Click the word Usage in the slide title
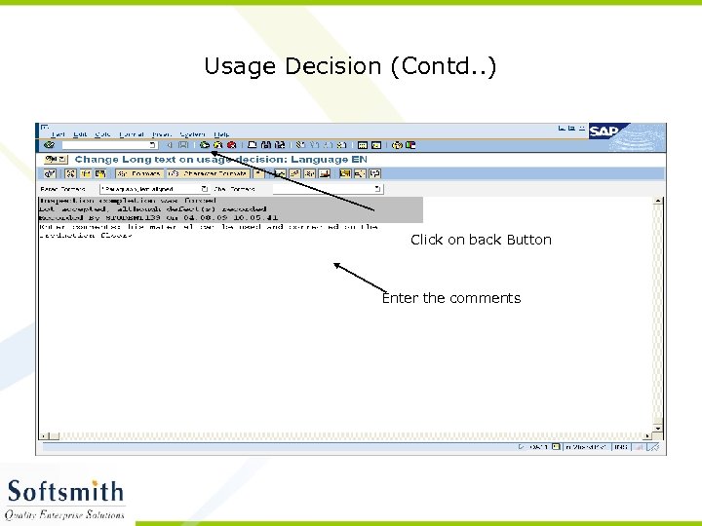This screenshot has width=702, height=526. point(240,66)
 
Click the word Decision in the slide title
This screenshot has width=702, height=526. point(333,66)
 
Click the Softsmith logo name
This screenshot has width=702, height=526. point(65,492)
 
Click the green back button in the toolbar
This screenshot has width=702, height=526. point(204,145)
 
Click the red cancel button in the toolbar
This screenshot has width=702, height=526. point(231,145)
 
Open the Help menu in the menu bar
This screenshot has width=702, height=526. point(221,133)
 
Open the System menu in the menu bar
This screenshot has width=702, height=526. point(192,133)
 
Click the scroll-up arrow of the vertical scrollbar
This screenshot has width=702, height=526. point(659,202)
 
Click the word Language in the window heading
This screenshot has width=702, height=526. point(326,159)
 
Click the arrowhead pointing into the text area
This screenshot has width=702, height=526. point(337,264)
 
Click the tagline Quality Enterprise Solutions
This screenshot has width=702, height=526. point(65,513)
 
